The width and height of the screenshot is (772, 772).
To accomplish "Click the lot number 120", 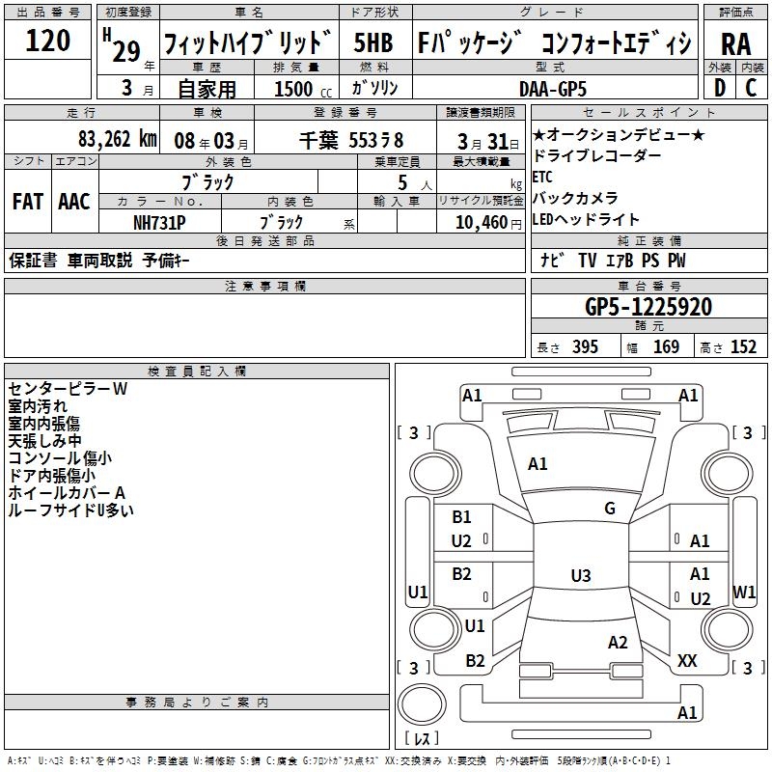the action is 47,41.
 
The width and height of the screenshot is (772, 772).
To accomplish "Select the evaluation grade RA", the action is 735,43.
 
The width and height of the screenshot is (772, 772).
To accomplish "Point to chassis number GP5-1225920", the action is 648,307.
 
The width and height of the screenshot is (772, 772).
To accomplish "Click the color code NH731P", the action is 159,222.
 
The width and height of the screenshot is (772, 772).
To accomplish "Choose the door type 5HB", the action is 372,42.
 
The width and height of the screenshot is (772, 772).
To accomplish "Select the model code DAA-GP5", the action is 559,88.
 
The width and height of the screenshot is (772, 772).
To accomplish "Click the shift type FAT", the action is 28,201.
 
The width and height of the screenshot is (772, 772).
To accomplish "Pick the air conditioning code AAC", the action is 74,201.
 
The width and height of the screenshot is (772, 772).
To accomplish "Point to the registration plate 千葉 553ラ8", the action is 351,138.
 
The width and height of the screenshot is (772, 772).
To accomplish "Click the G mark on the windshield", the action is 610,509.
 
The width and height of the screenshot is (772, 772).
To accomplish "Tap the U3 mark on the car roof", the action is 580,576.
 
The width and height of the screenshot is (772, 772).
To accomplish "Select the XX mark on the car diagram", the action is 687,661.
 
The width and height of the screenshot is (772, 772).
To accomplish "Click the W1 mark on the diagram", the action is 744,591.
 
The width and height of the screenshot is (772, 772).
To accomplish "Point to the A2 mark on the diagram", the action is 618,643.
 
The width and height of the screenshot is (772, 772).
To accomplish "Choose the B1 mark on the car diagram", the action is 462,517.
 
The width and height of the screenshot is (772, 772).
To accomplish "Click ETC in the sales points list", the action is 542,177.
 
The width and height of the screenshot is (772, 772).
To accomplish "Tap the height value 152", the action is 743,347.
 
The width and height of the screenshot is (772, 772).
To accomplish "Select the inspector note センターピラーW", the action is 68,389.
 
